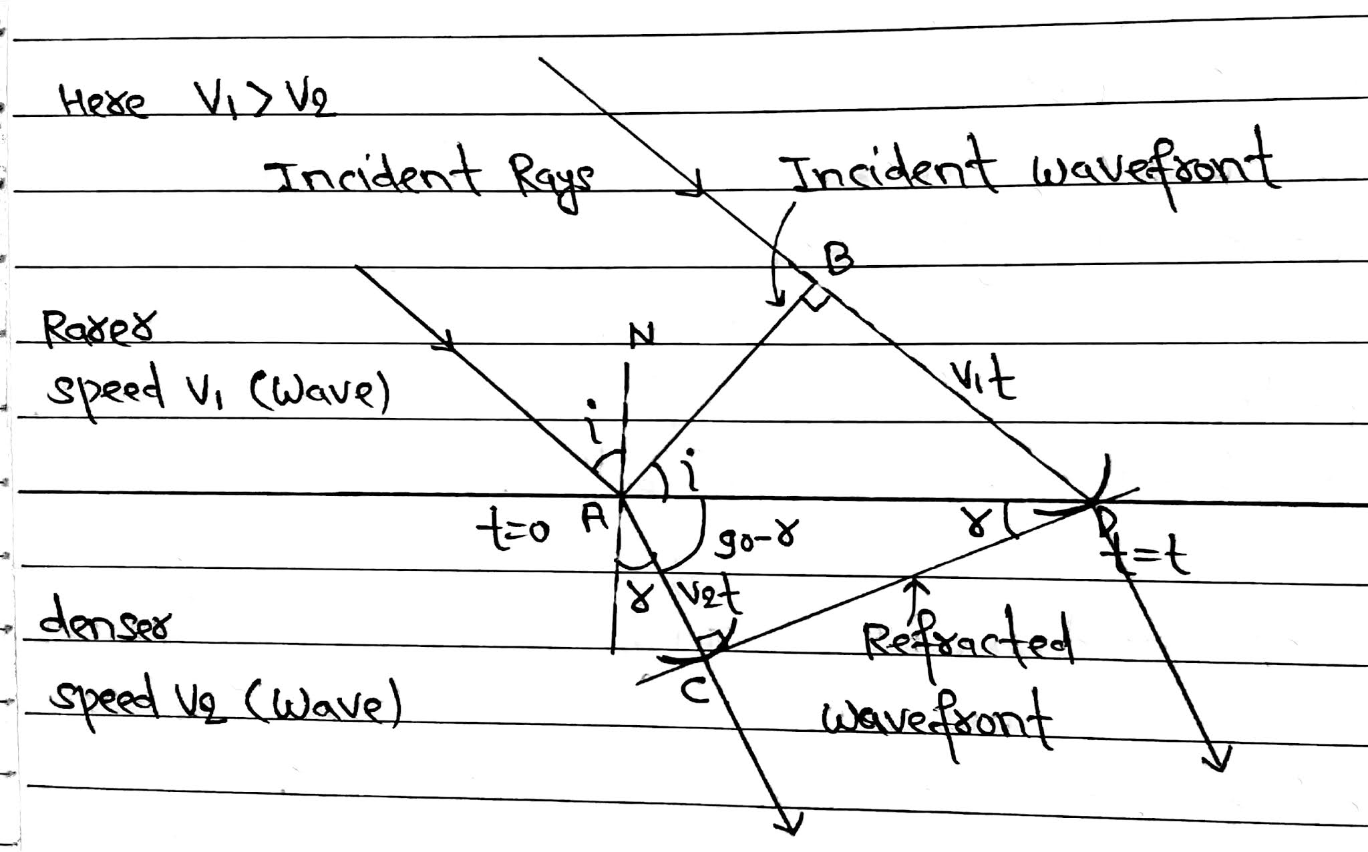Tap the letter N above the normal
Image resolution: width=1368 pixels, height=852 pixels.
pyautogui.click(x=641, y=335)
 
